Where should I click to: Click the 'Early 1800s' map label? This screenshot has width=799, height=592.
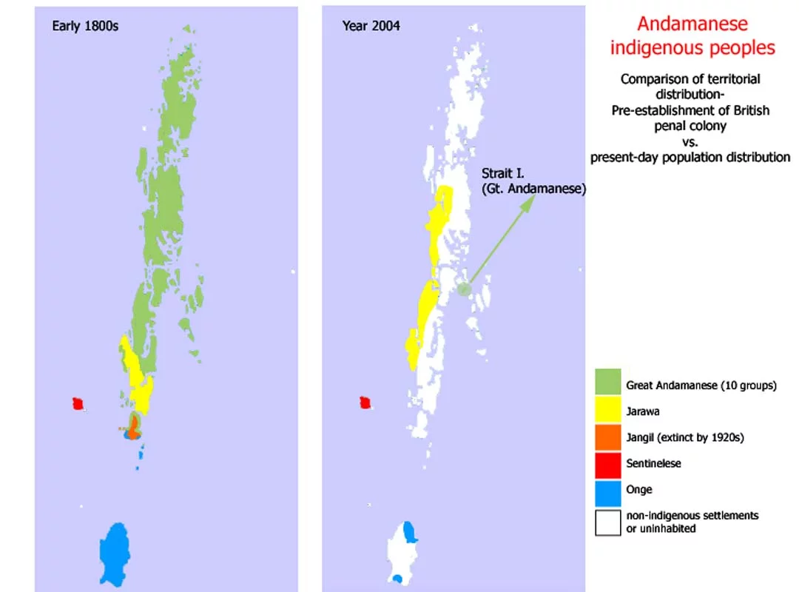pos(85,26)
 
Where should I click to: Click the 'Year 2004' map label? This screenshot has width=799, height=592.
pos(371,26)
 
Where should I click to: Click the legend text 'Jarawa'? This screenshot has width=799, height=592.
pos(643,411)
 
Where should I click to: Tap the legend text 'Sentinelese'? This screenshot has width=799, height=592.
pos(653,463)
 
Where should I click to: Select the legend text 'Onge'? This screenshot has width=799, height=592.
pos(639,489)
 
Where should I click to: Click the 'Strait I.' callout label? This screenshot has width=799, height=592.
pos(502,173)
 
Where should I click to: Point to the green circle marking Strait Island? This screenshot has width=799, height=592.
pos(463,289)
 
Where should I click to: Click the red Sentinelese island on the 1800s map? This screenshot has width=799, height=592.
pos(77,403)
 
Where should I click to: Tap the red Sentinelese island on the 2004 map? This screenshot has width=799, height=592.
pos(364,403)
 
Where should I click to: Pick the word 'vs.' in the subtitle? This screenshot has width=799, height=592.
pos(690,141)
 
